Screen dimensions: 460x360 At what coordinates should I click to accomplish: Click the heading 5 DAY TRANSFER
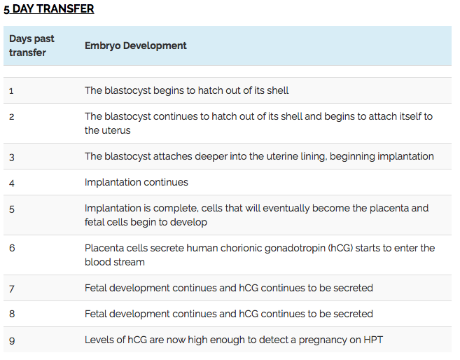click(49, 9)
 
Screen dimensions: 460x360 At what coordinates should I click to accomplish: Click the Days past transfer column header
click(32, 46)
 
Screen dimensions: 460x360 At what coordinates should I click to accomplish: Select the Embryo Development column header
click(136, 46)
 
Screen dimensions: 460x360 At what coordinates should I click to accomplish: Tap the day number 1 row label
click(11, 91)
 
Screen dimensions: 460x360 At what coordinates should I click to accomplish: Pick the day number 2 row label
click(12, 117)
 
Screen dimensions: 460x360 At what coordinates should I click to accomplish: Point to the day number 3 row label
click(12, 158)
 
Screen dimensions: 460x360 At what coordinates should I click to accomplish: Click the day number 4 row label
click(12, 184)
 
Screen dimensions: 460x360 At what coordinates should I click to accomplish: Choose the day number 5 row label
click(12, 209)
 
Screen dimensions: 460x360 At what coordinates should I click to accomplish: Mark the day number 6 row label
click(12, 248)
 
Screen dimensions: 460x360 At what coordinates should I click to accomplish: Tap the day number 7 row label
click(12, 289)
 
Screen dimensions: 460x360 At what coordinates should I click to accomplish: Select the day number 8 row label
click(12, 314)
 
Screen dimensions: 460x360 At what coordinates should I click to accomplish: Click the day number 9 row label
click(12, 341)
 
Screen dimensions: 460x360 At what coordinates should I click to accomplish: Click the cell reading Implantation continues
click(137, 182)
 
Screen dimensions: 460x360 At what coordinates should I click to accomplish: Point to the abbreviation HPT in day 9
click(373, 340)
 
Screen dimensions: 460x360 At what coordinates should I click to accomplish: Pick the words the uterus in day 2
click(108, 130)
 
